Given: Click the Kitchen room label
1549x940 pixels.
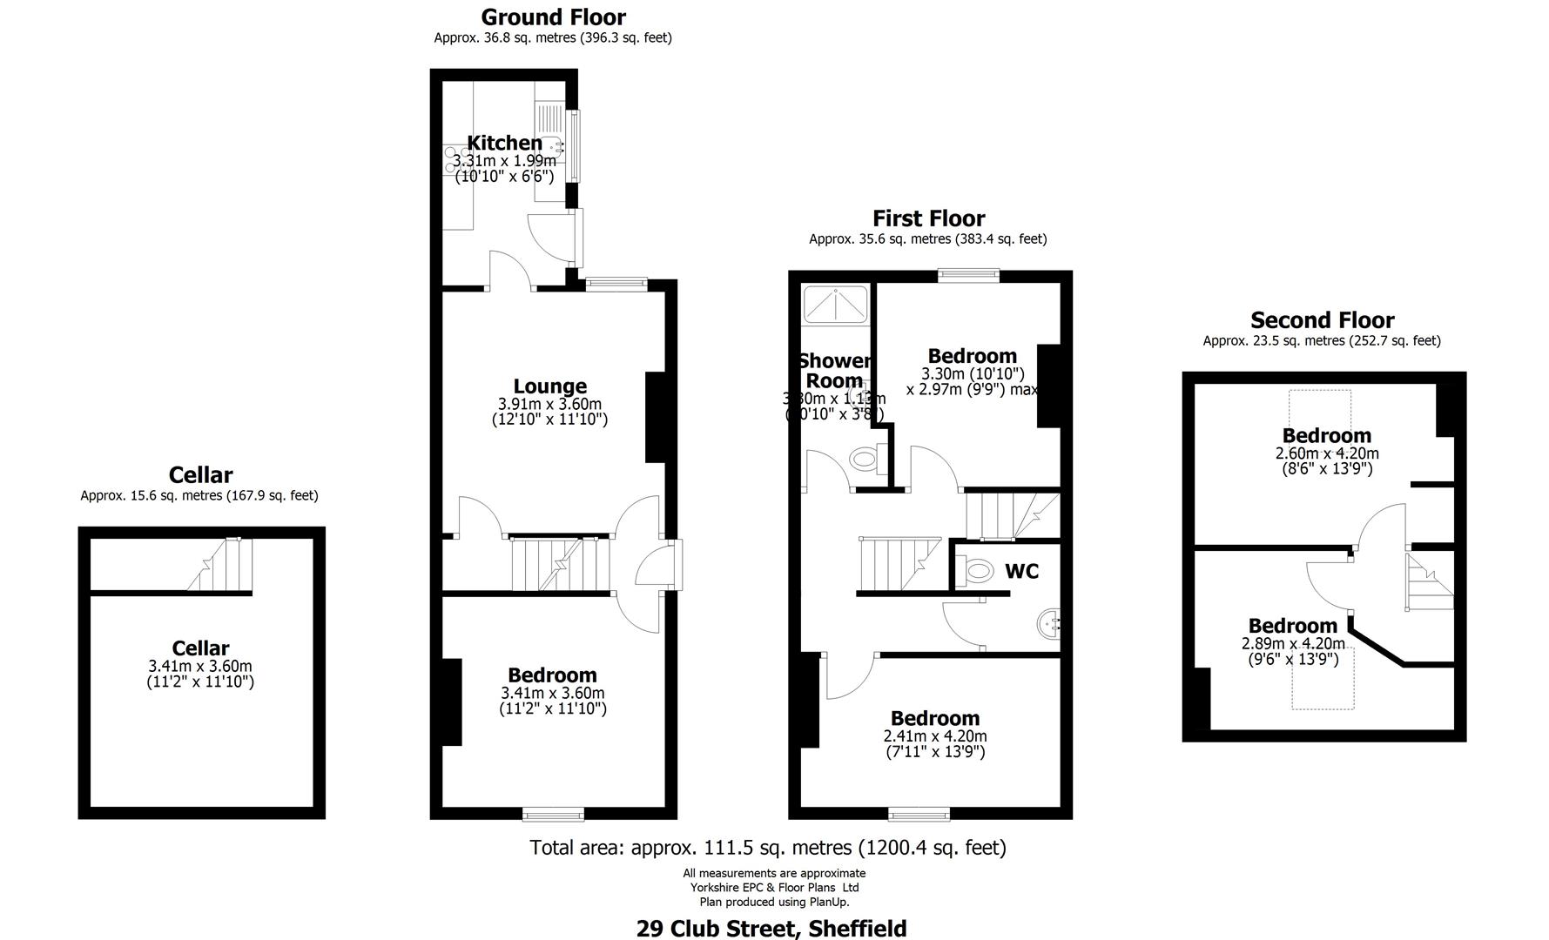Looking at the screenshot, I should [x=504, y=143].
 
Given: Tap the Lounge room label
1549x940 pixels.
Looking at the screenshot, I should [x=549, y=386].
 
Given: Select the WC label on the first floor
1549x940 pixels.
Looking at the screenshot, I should [x=1021, y=571].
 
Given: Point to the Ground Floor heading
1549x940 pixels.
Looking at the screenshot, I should [x=553, y=17].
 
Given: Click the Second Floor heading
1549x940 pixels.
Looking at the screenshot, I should [x=1322, y=320].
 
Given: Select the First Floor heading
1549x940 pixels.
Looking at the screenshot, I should [x=928, y=218].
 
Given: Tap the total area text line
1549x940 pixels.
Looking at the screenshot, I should [x=768, y=847].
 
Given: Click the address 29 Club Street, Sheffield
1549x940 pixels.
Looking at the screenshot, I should [x=771, y=929].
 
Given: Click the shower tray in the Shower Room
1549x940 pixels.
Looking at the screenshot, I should [x=835, y=305].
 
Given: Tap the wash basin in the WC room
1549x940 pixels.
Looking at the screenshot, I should [x=1048, y=623].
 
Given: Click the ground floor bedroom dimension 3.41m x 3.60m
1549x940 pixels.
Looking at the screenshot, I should [x=552, y=694].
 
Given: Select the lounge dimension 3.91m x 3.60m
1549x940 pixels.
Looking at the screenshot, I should [x=549, y=405].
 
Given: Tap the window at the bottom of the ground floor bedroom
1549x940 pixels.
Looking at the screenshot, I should [x=553, y=814].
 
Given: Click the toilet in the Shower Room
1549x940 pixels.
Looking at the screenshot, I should [x=865, y=459].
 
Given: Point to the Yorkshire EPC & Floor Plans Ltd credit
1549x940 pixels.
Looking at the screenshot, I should [x=774, y=888].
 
